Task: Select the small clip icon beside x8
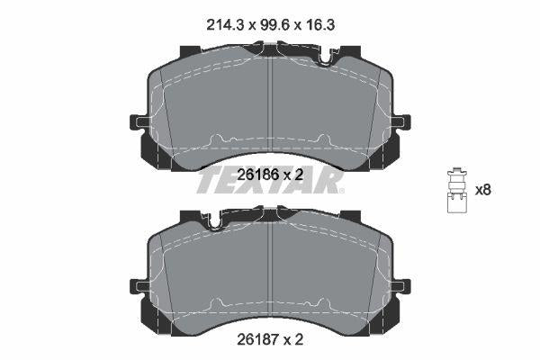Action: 456,191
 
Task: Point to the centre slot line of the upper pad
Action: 271,103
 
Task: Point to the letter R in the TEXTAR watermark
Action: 330,184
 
